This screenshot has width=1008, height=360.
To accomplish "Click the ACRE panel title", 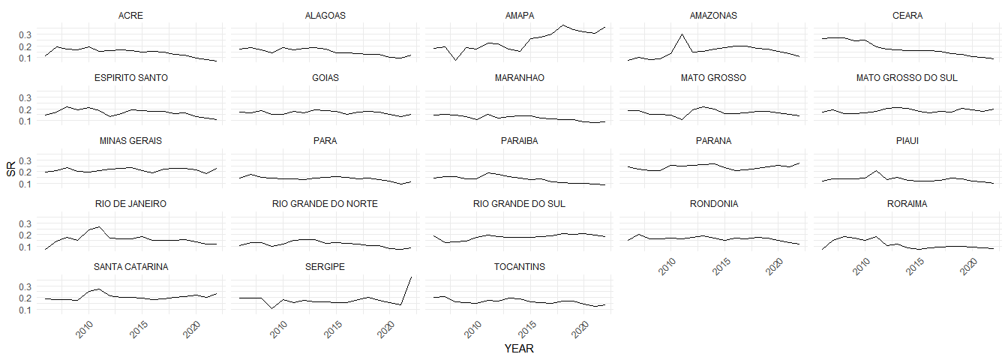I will click(x=131, y=15).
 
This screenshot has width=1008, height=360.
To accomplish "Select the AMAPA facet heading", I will click(x=519, y=15).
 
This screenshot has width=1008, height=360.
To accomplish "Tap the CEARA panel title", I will click(x=907, y=15).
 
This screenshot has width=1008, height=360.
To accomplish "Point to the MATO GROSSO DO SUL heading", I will click(x=907, y=78).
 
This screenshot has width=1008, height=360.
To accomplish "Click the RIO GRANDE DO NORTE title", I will click(x=325, y=204).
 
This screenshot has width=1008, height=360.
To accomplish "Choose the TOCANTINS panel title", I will click(x=519, y=267).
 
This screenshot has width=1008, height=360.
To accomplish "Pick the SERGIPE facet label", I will click(x=325, y=267).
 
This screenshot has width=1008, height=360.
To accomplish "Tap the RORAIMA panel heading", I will click(x=907, y=204).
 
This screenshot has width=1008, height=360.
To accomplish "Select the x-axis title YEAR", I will click(x=519, y=349).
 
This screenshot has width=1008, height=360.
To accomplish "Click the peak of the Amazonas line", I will click(x=682, y=34).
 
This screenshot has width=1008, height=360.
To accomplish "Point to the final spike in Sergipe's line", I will click(x=412, y=277).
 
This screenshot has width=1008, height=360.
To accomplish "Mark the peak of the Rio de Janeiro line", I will click(x=100, y=226).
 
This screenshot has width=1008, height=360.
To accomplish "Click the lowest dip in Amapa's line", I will click(x=454, y=60).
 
